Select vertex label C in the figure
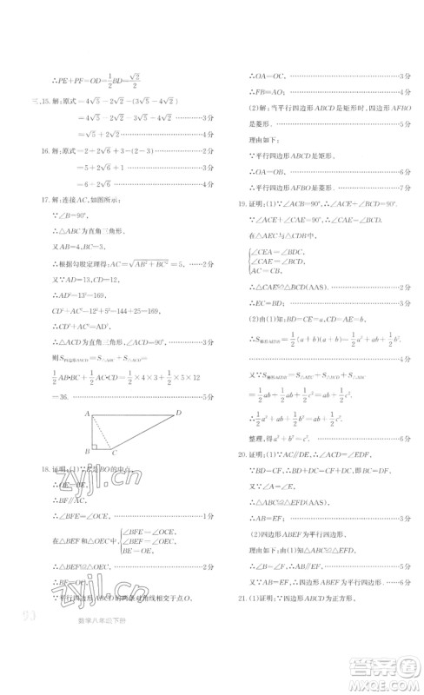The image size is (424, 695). (x=112, y=453)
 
